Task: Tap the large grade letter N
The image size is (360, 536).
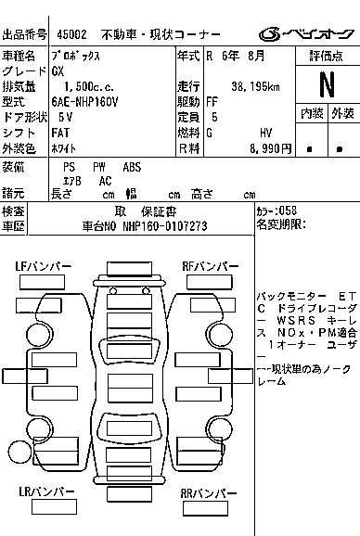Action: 326,84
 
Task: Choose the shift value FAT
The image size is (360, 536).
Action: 61,133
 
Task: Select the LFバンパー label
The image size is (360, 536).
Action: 44,266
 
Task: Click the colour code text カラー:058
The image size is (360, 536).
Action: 276,211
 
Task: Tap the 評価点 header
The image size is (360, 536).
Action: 327,57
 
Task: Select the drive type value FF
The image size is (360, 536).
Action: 212,102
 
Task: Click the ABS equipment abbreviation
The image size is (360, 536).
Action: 131,166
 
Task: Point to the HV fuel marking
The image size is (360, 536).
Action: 266,133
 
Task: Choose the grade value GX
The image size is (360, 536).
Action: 58,70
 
